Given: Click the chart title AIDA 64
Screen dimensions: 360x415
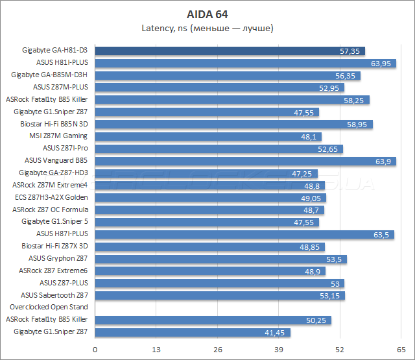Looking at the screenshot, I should click(x=207, y=13).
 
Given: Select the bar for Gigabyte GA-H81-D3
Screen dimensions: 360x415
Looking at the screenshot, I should click(x=230, y=51).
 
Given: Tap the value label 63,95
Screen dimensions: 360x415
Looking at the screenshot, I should click(x=381, y=63).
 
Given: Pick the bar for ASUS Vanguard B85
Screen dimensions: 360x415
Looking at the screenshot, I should click(x=246, y=161).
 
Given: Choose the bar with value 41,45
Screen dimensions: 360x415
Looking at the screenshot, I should click(x=193, y=332).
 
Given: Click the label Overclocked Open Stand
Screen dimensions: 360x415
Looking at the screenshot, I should click(x=49, y=307).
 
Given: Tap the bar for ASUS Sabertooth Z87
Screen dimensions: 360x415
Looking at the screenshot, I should click(x=220, y=295).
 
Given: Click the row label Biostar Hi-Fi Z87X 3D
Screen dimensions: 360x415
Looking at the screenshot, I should click(x=54, y=246).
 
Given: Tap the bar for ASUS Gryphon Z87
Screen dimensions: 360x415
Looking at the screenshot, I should click(x=221, y=259).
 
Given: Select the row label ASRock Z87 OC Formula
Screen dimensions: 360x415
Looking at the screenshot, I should click(x=50, y=210).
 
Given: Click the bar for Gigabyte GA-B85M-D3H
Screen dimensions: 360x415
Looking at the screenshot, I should click(x=228, y=75).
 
